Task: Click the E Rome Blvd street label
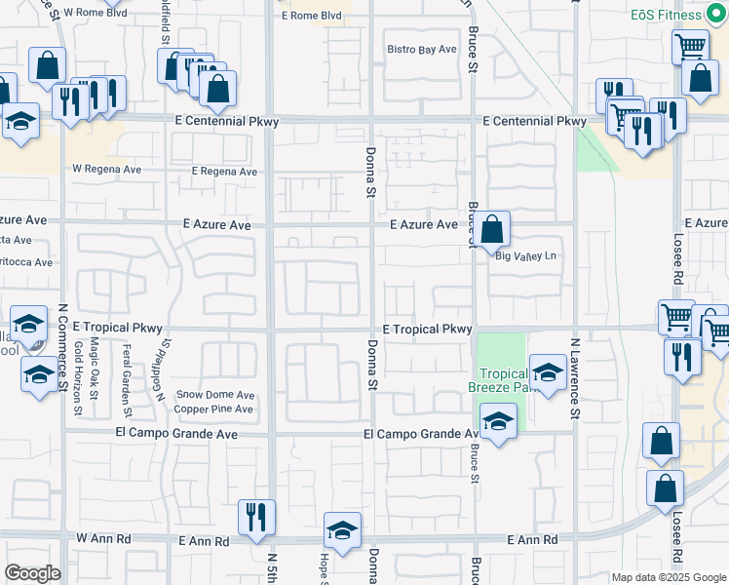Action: click(311, 16)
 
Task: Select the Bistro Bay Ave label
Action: click(422, 49)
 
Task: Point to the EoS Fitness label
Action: click(692, 15)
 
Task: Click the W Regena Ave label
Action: click(106, 168)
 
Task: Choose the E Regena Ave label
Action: click(224, 172)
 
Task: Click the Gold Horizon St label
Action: click(79, 375)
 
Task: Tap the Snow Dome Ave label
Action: click(215, 395)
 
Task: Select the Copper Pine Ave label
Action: click(213, 409)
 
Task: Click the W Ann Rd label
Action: click(103, 538)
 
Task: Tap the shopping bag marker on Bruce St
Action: click(494, 231)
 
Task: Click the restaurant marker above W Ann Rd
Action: click(257, 518)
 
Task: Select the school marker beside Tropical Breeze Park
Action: click(548, 373)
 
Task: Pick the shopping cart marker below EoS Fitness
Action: click(690, 46)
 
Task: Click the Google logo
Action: click(32, 573)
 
